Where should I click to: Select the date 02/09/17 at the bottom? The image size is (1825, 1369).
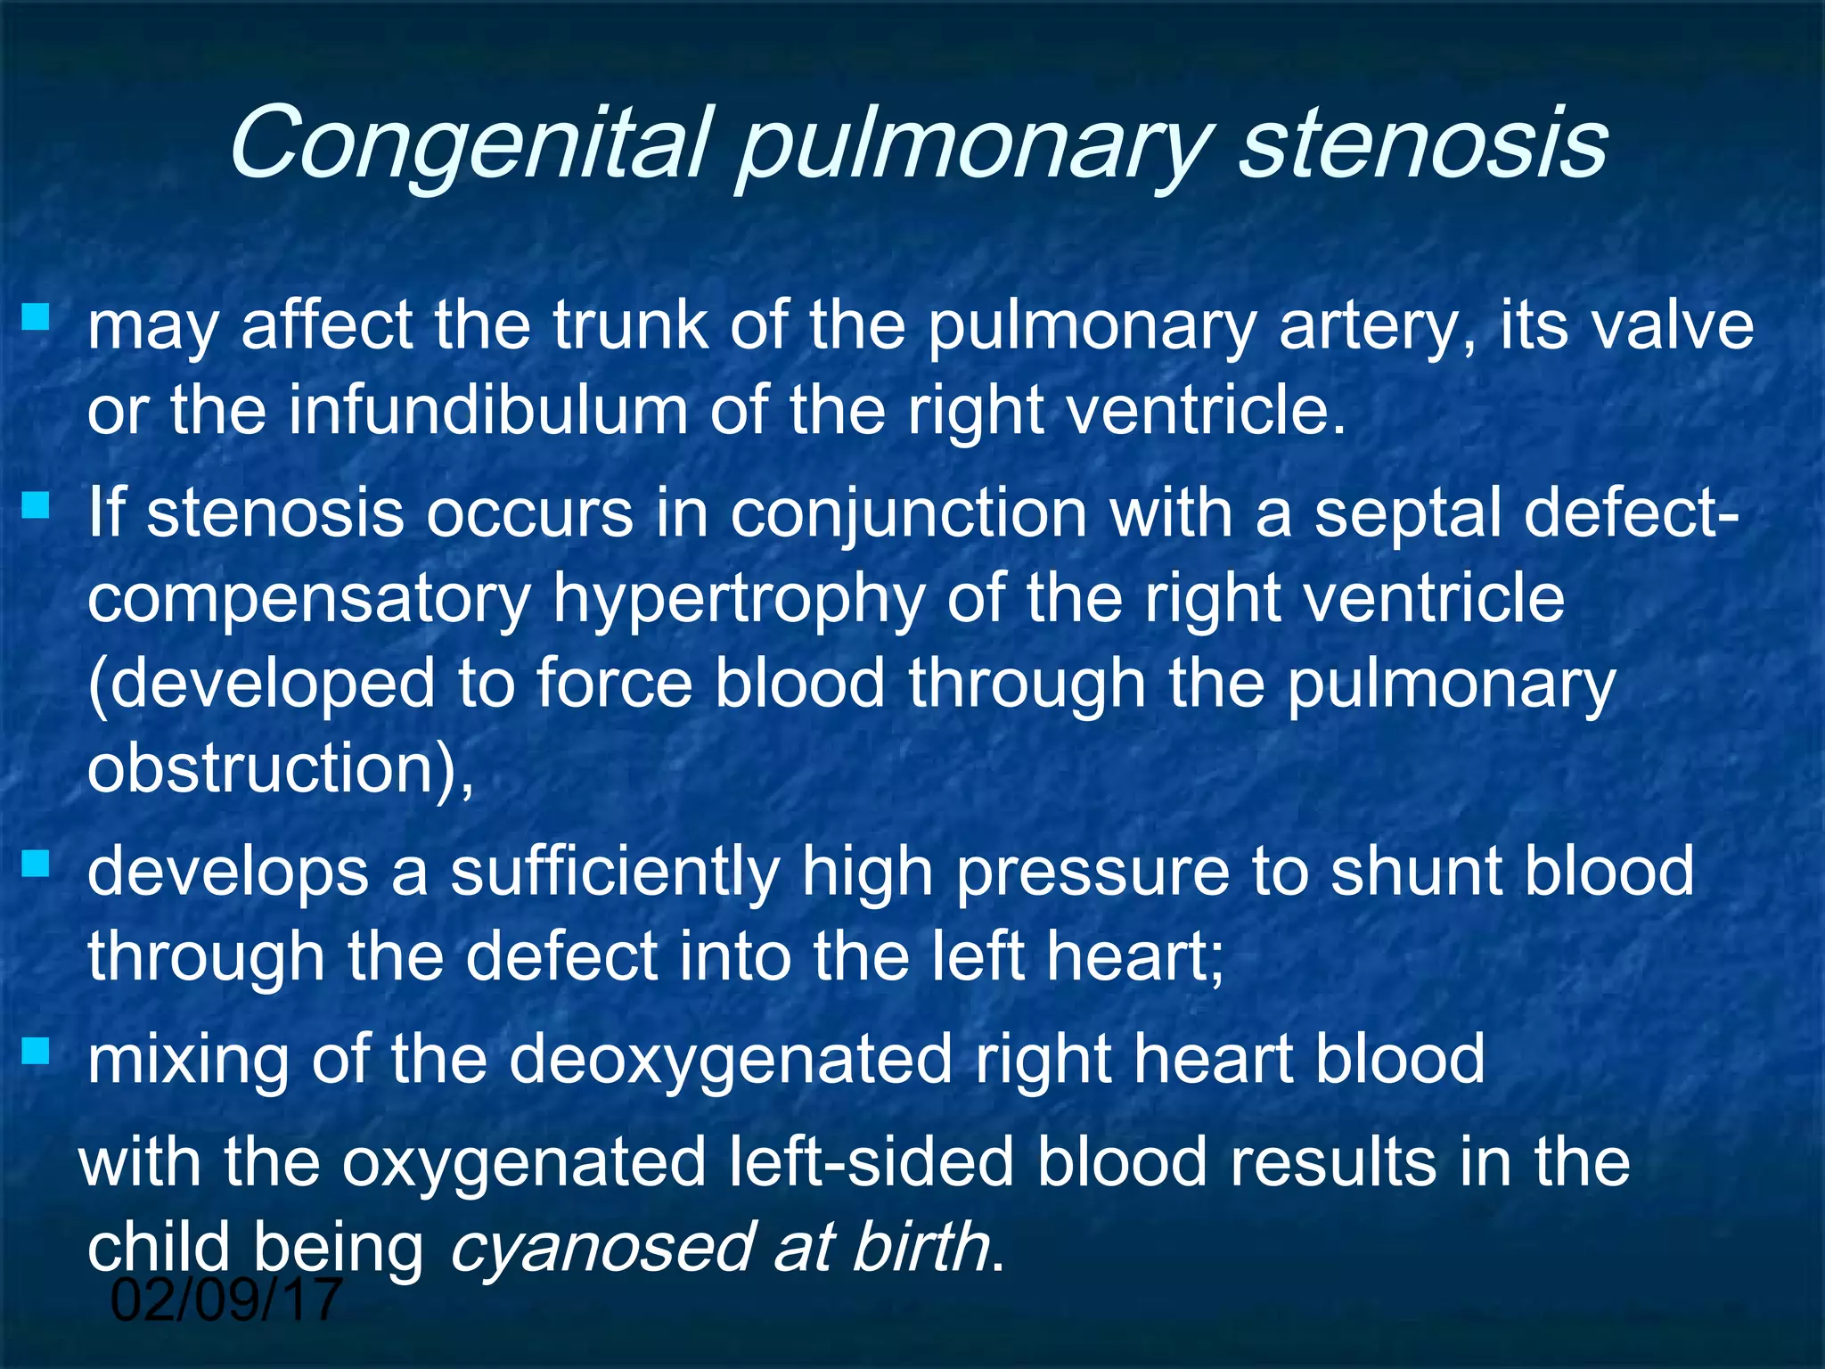pos(226,1300)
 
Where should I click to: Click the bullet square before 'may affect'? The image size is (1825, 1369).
pos(36,317)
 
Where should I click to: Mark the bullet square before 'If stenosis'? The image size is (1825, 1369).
pos(36,506)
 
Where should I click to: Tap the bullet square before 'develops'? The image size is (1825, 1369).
pos(36,864)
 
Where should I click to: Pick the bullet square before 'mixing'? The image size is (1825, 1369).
pos(36,1053)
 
